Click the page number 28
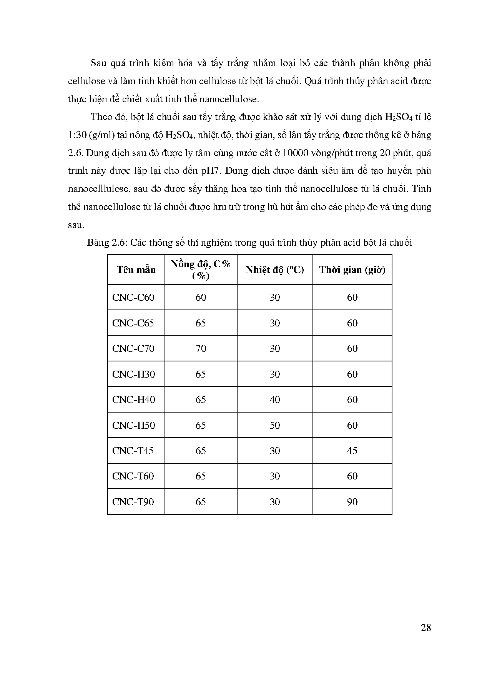tap(426, 628)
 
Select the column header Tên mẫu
tap(136, 270)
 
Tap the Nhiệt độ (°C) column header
tap(275, 270)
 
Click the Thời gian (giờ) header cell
tap(352, 270)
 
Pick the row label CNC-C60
tap(133, 298)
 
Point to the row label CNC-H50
tap(133, 425)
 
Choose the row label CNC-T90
tap(133, 502)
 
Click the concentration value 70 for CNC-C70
tap(201, 349)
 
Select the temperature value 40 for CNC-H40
tap(275, 400)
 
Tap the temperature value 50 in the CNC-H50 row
tap(275, 425)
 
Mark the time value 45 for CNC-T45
tap(352, 451)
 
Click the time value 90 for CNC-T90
tap(352, 502)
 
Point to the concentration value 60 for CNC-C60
tap(201, 298)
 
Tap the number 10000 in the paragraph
tap(294, 153)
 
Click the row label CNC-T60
tap(133, 476)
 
